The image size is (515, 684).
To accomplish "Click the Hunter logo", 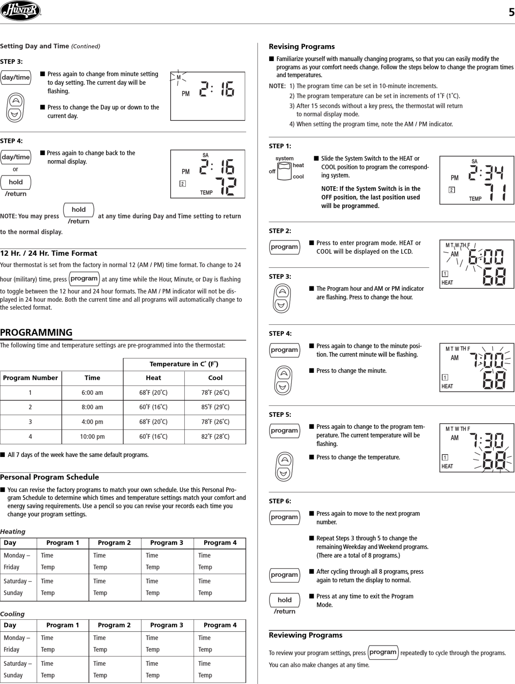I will click(20, 11).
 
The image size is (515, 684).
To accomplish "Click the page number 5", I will click(511, 12).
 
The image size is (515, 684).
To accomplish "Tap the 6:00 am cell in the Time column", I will click(92, 393).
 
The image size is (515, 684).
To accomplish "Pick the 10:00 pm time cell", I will click(92, 437).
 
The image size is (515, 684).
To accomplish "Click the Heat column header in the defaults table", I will click(153, 378).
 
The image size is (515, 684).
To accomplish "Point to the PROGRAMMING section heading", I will click(36, 332).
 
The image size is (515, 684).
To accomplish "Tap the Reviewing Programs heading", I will click(305, 635).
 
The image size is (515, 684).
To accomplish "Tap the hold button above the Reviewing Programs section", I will click(284, 600).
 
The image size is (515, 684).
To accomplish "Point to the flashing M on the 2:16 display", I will click(178, 77).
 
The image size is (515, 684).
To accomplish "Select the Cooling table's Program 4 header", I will click(220, 625).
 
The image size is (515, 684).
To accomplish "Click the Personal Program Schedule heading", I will click(49, 477).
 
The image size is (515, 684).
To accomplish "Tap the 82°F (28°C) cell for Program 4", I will click(215, 437).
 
